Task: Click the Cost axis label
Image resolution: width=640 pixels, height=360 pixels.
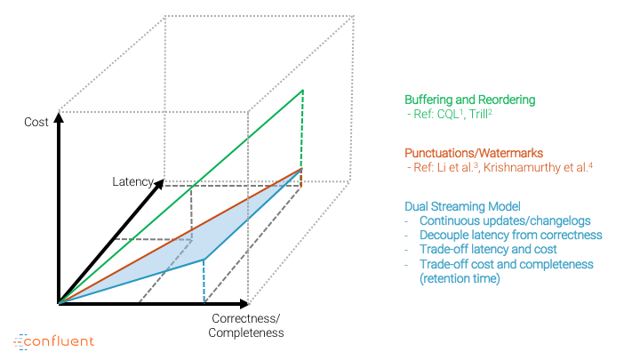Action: (36, 122)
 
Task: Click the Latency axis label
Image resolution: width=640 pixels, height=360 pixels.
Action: (132, 181)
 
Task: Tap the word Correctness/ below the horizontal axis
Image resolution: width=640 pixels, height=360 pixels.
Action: (246, 318)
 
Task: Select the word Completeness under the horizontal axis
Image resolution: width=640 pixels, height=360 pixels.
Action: (246, 332)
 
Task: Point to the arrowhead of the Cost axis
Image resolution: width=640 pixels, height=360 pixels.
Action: (60, 117)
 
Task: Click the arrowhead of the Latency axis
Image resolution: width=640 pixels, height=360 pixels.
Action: (159, 184)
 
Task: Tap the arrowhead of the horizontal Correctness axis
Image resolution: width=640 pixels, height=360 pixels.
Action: (244, 304)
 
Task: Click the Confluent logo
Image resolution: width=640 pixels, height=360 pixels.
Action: (54, 341)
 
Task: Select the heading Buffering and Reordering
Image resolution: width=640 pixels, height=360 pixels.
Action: (470, 100)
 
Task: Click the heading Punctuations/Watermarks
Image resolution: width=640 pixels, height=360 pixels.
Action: (474, 153)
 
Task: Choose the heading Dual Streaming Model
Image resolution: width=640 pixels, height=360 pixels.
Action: (462, 206)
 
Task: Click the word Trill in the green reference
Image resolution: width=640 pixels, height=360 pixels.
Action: (478, 115)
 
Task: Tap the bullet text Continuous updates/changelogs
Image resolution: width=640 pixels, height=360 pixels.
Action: (505, 220)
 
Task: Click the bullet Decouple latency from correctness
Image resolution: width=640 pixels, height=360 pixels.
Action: (510, 235)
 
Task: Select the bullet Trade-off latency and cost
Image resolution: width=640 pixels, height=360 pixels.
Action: (488, 250)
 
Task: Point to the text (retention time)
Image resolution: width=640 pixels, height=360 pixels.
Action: (460, 279)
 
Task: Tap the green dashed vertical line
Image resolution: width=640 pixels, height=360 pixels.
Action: (302, 129)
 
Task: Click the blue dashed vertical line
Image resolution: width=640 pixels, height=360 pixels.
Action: (204, 281)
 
